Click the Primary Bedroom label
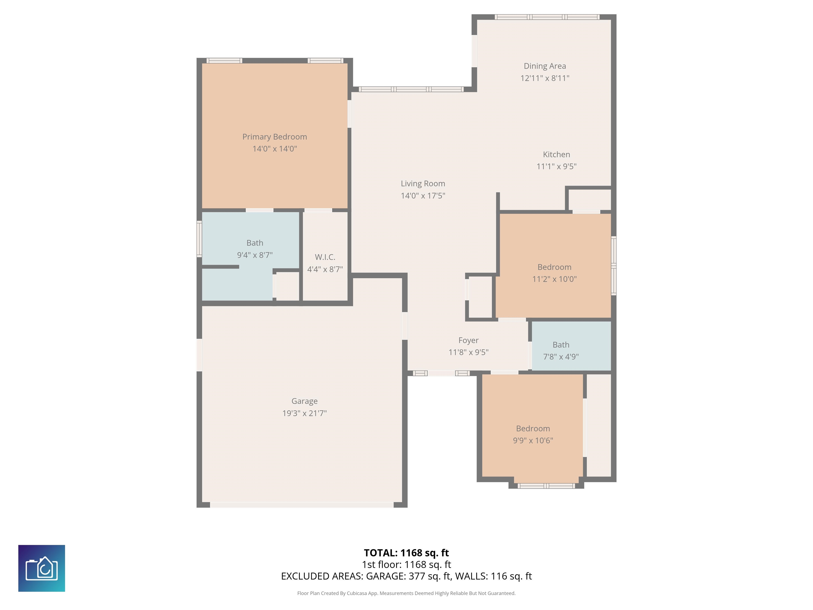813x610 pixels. (x=274, y=137)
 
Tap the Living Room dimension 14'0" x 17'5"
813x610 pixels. (x=423, y=196)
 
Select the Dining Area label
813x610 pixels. (x=545, y=66)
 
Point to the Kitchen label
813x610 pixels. (x=557, y=154)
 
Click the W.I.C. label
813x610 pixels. (x=325, y=257)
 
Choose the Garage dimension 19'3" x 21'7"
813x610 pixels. (x=304, y=413)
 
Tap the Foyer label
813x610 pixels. (x=469, y=340)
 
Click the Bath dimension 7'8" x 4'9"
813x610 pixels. (x=561, y=356)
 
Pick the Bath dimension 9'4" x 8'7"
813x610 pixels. (x=255, y=255)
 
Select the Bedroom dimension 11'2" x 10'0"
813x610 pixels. (x=554, y=279)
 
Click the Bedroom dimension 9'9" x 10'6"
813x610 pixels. (x=533, y=441)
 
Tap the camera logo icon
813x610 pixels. (x=42, y=568)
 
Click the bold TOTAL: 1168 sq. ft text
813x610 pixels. (x=406, y=553)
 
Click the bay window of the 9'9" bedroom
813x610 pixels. (x=546, y=486)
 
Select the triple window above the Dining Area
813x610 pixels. (x=547, y=17)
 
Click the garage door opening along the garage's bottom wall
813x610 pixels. (x=302, y=505)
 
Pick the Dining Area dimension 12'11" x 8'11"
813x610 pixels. (x=545, y=78)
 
